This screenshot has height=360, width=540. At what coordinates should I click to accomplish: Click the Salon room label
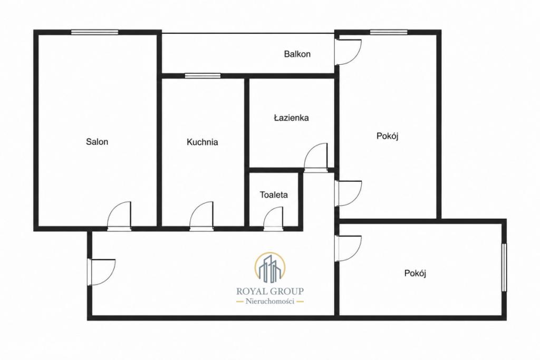click(97, 141)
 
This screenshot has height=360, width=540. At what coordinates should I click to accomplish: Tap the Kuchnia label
click(202, 142)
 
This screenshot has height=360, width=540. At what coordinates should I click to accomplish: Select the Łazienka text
click(291, 118)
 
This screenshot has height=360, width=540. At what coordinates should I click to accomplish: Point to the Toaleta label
click(274, 195)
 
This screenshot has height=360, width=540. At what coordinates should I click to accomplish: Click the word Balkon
click(297, 54)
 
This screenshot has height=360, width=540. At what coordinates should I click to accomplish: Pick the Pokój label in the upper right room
click(388, 137)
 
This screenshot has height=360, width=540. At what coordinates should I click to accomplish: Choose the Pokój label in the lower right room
click(416, 273)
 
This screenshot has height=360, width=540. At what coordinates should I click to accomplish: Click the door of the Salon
click(119, 216)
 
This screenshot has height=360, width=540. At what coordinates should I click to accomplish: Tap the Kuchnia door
click(201, 216)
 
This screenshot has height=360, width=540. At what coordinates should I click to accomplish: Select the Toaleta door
click(274, 218)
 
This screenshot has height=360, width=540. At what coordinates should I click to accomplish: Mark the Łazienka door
click(315, 157)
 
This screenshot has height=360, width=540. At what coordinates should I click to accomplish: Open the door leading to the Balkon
click(349, 52)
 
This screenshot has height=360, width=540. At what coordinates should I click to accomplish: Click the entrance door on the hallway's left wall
click(102, 272)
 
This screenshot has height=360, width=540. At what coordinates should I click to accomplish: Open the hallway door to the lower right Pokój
click(349, 248)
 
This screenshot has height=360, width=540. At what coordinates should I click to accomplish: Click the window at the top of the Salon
click(95, 32)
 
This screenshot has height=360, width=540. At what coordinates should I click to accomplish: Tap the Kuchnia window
click(202, 76)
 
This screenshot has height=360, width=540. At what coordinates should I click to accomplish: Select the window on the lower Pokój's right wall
click(505, 268)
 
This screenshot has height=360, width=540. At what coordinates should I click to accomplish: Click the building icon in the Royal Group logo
click(269, 267)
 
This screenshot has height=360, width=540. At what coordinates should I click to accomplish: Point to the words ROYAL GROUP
click(270, 291)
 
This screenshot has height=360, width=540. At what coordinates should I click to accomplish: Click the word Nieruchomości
click(270, 302)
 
